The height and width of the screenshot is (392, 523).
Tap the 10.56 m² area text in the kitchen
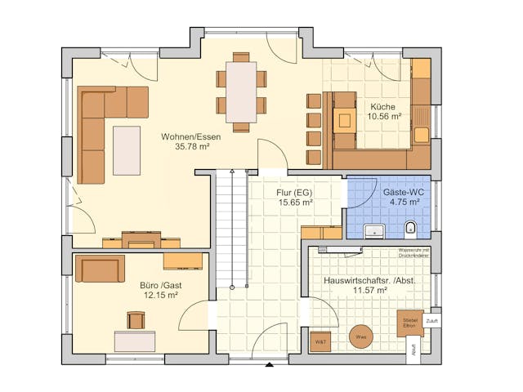pyautogui.click(x=383, y=117)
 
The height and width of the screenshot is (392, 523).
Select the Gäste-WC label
pyautogui.click(x=400, y=192)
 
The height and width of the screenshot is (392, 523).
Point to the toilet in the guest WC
pyautogui.click(x=412, y=226)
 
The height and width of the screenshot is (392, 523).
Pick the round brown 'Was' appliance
pyautogui.click(x=360, y=336)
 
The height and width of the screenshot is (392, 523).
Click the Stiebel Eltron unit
pyautogui.click(x=409, y=323)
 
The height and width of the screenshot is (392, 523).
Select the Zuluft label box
pyautogui.click(x=431, y=321)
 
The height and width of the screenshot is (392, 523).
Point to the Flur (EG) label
pyautogui.click(x=295, y=192)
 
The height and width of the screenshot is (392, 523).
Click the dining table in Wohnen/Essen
pyautogui.click(x=241, y=91)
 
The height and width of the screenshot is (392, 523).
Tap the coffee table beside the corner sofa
pyautogui.click(x=127, y=149)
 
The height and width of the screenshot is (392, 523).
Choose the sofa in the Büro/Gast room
pyautogui.click(x=100, y=268)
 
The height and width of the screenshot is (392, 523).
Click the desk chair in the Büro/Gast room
pyautogui.click(x=136, y=320)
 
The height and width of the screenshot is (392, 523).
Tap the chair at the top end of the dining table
pyautogui.click(x=241, y=57)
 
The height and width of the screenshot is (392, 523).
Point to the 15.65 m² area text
pyautogui.click(x=295, y=202)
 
